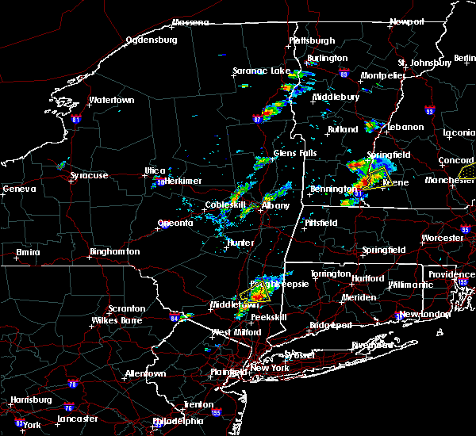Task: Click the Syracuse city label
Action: tap(90, 175)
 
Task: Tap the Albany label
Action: tap(276, 205)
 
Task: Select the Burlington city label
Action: tap(328, 58)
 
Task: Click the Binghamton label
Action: tap(115, 251)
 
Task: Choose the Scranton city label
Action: tap(127, 308)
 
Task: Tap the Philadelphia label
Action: tap(178, 421)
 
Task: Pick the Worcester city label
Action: tap(442, 238)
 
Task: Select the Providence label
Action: tap(451, 274)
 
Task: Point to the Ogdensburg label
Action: tap(153, 40)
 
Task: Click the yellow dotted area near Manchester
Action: tap(468, 170)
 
